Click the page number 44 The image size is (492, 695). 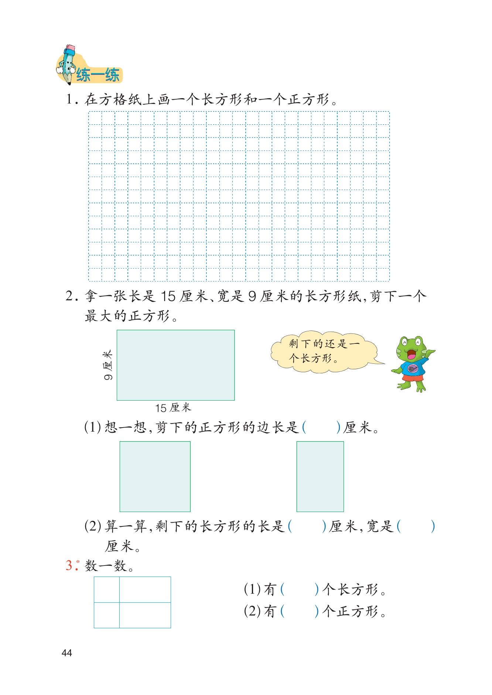click(67, 653)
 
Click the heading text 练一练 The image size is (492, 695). click(98, 75)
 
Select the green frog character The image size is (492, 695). click(412, 363)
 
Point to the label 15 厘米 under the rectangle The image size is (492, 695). click(173, 408)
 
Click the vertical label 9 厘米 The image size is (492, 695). click(108, 365)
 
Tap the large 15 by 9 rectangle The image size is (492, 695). click(175, 365)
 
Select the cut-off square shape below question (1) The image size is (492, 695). click(155, 476)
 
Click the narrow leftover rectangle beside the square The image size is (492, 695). click(320, 476)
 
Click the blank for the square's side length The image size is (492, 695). click(321, 428)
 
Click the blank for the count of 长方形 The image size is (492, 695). click(299, 589)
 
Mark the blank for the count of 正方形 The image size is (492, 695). click(299, 611)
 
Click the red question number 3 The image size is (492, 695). click(69, 565)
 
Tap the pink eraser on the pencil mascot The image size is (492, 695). click(70, 48)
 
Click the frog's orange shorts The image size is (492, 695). click(411, 377)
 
